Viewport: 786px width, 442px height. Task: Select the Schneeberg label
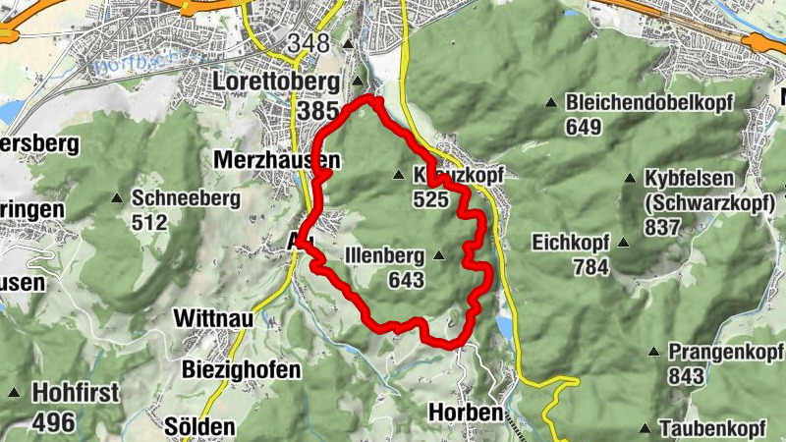[x=186, y=197]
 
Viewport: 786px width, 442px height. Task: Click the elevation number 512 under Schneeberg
[x=148, y=222]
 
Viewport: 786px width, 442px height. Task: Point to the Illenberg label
[x=385, y=256]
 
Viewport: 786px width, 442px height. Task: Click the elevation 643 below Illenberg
[x=405, y=281]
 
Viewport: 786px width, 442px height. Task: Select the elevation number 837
[x=663, y=227]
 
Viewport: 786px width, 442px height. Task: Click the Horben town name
[x=466, y=414]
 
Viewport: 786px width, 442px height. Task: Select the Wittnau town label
[x=213, y=318]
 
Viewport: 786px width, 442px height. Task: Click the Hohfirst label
[x=76, y=393]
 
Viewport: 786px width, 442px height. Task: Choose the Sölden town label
[x=200, y=427]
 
